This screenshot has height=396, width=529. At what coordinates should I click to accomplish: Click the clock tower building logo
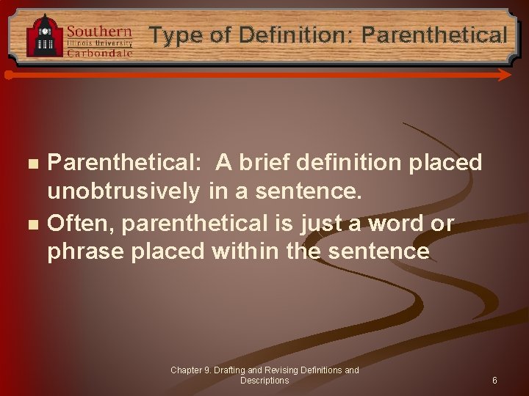(x=45, y=35)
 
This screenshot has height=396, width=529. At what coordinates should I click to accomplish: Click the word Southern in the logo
(x=99, y=32)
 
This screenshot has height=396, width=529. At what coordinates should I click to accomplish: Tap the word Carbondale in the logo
(x=99, y=53)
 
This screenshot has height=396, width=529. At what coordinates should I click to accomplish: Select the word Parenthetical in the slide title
(x=434, y=34)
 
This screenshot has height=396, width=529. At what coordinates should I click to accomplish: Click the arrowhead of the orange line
(x=505, y=75)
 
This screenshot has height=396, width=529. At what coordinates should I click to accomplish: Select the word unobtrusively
(x=123, y=192)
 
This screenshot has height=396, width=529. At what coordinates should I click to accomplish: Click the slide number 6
(x=494, y=381)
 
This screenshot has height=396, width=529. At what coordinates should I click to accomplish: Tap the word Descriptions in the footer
(x=264, y=381)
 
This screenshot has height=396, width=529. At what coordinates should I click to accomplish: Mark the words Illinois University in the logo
(x=99, y=43)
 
